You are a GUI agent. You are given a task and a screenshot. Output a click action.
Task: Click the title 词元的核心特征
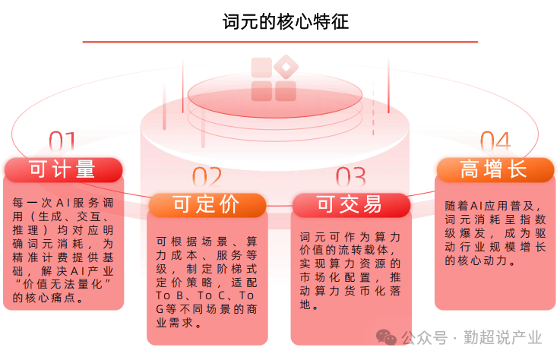click(286, 22)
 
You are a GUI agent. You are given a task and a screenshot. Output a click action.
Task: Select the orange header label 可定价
click(207, 205)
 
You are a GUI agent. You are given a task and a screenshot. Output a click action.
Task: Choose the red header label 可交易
click(351, 205)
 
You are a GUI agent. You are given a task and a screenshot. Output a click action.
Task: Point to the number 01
click(62, 141)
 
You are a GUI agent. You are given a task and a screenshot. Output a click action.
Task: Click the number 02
click(207, 177)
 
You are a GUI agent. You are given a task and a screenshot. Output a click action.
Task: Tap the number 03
click(351, 177)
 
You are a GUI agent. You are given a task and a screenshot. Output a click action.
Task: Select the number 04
click(495, 141)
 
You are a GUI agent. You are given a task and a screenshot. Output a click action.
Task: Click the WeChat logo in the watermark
click(386, 336)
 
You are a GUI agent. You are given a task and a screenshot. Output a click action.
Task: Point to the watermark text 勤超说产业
click(503, 337)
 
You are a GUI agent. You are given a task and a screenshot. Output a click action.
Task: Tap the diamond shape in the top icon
click(286, 67)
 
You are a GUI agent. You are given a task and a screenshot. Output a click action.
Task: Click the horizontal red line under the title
click(280, 42)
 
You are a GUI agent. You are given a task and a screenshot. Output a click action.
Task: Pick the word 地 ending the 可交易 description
click(305, 305)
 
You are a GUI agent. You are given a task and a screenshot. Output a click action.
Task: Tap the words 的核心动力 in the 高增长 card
click(476, 261)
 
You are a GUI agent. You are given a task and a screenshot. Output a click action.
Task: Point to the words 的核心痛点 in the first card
click(44, 298)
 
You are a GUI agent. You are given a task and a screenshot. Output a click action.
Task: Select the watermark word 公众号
click(424, 337)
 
